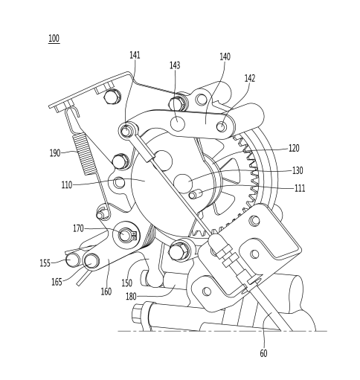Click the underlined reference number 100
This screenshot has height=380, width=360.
(x=54, y=39)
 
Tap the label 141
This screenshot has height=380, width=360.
(x=135, y=55)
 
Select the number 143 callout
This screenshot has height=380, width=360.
(x=175, y=65)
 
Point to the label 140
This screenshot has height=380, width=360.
(x=225, y=57)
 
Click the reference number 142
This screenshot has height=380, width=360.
(x=250, y=78)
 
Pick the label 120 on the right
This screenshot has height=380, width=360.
(x=294, y=148)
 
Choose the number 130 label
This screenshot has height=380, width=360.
(x=298, y=170)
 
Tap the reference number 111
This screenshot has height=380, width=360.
(x=300, y=188)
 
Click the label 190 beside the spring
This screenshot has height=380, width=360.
(x=55, y=153)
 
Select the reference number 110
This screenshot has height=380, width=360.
(x=67, y=185)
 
